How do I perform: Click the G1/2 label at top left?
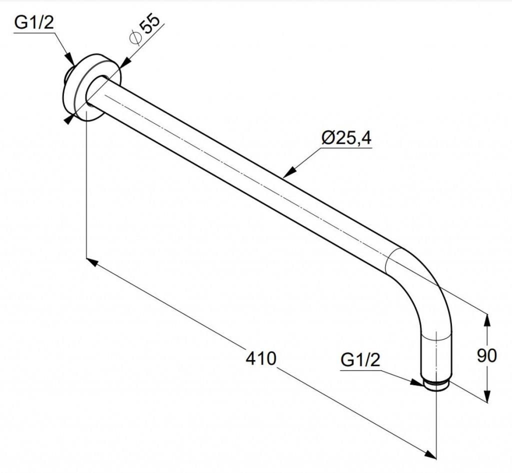coord(33,23)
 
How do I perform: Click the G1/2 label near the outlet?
coord(360,360)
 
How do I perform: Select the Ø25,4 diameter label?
coord(346,138)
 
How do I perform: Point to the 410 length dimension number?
coord(261,358)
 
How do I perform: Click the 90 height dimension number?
coord(487,355)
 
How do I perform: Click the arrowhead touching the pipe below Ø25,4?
coord(289,172)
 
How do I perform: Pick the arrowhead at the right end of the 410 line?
coord(430,453)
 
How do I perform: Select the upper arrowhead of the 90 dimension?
coord(487,320)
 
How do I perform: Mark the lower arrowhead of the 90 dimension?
coord(487,395)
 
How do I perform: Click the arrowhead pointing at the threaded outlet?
coord(417,382)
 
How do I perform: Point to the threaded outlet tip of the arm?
coord(436,385)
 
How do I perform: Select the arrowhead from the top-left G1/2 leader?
coord(70,59)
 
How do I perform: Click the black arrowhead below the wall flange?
coord(68,119)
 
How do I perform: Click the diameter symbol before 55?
coord(135,38)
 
